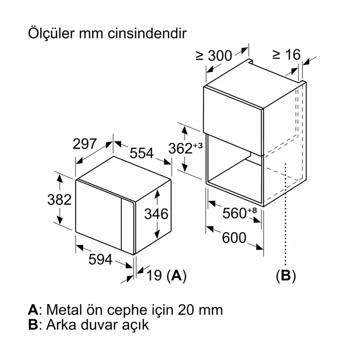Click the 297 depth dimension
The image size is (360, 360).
[85, 144]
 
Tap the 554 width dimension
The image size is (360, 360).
[142, 153]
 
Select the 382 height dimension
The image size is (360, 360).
[60, 200]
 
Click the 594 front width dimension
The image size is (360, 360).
[99, 260]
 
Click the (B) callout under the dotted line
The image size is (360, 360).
[286, 275]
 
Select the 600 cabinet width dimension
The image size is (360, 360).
[234, 237]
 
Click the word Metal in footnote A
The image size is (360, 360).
[64, 310]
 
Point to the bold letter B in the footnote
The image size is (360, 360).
[32, 325]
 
